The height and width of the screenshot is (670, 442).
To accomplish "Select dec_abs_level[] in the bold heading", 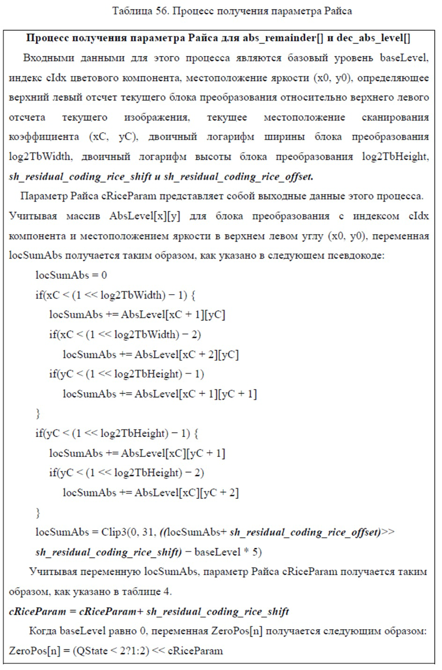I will coord(373,38).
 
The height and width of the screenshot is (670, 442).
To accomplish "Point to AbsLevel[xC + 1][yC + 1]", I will coord(195,394).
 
